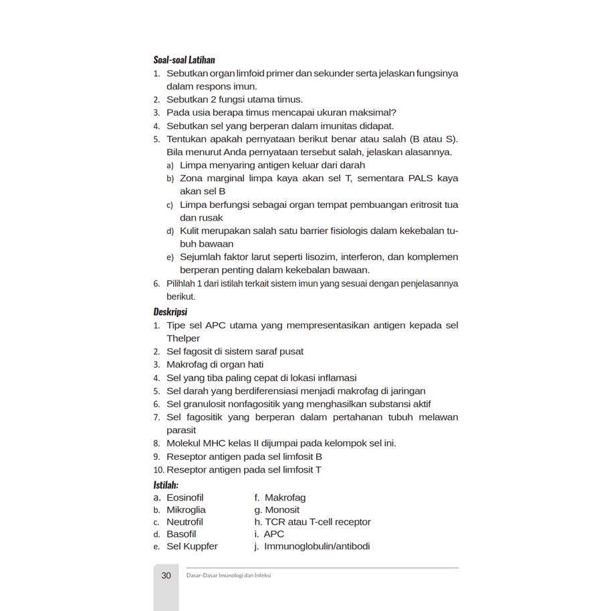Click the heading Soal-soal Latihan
point(184,60)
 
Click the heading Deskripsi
point(170,312)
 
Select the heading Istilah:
point(166,485)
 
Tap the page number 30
point(166,575)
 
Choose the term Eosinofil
point(185,497)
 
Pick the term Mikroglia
point(186,509)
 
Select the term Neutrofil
point(185,521)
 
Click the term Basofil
point(181,534)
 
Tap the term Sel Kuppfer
point(192,546)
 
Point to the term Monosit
point(282,509)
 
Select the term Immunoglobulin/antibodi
point(317,546)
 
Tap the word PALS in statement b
point(420,178)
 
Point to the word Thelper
point(183,338)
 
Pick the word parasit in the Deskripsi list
point(181,430)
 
